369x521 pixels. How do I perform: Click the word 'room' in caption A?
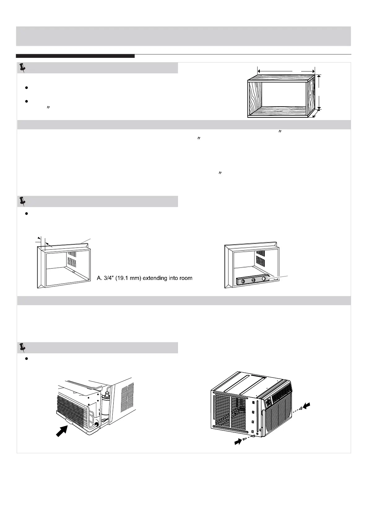pyautogui.click(x=185, y=278)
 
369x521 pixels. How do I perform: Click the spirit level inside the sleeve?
pyautogui.click(x=253, y=281)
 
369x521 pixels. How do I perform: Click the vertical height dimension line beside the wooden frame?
pyautogui.click(x=319, y=92)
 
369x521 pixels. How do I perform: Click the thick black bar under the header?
pyautogui.click(x=75, y=56)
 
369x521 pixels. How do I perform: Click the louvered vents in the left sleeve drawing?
pyautogui.click(x=72, y=259)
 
